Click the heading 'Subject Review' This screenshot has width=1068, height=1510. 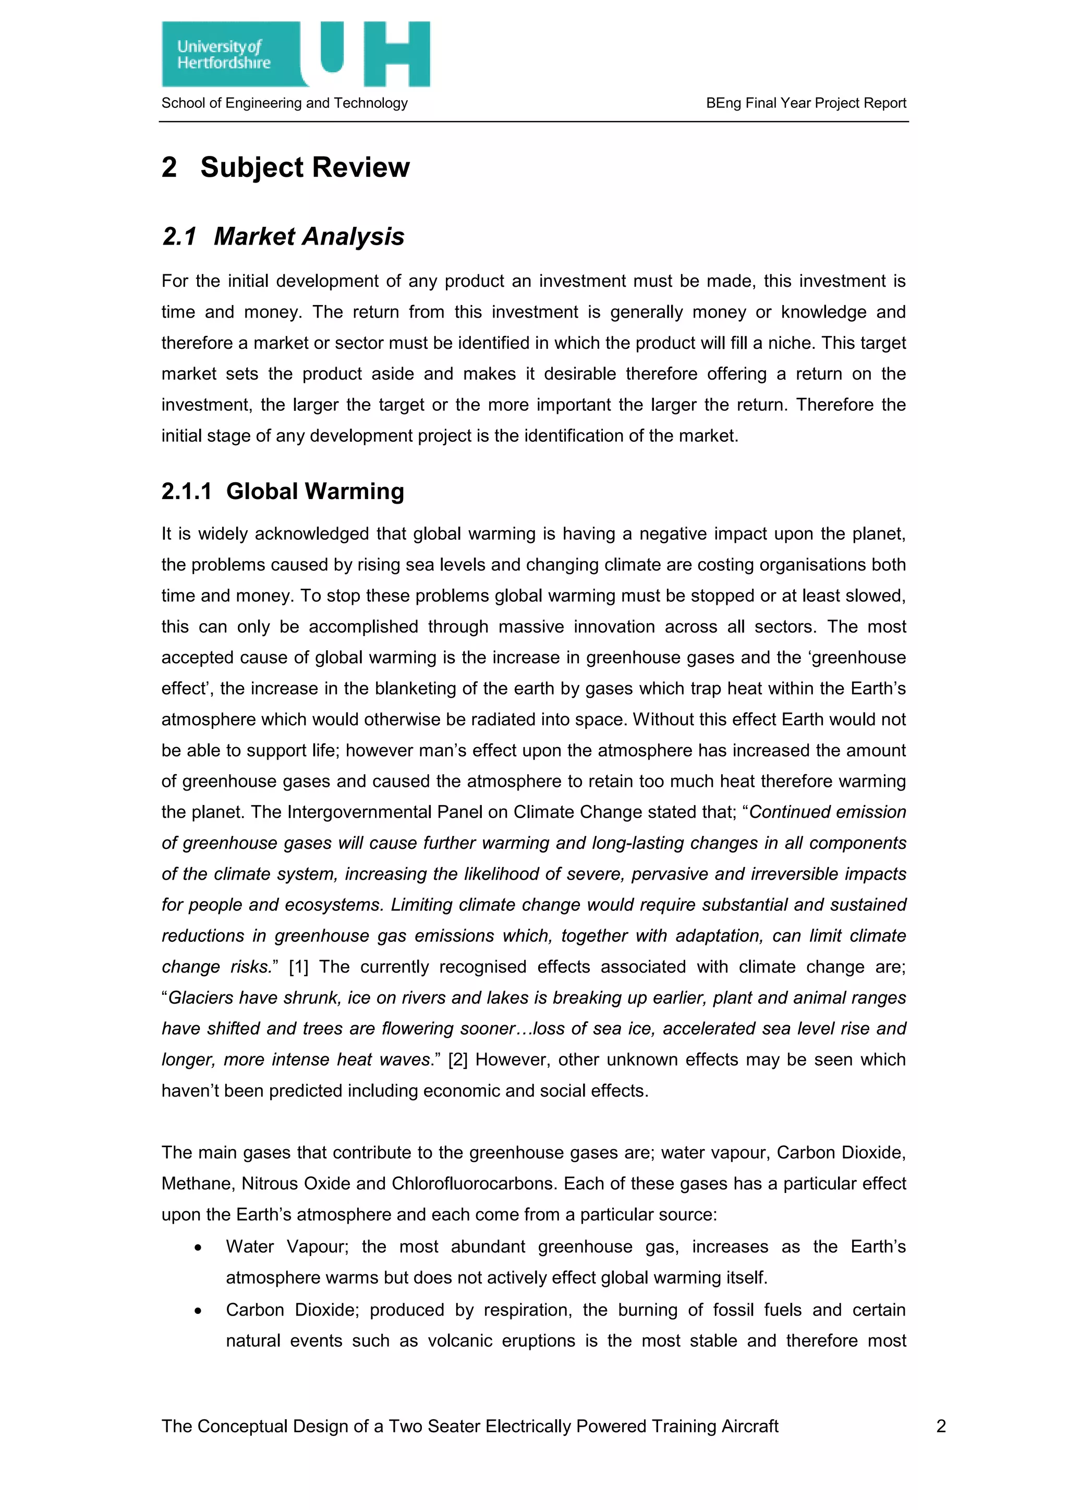(305, 167)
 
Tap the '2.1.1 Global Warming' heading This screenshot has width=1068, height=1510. (283, 491)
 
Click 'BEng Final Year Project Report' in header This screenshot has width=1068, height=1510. (806, 103)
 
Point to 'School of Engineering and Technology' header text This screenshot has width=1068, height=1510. (284, 103)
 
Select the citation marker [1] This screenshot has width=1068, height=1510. (299, 967)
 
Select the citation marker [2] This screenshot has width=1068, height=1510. (458, 1060)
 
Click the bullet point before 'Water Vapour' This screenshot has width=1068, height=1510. (198, 1248)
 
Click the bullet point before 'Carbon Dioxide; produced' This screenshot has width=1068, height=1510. (198, 1311)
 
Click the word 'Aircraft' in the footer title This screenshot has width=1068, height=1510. (749, 1426)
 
